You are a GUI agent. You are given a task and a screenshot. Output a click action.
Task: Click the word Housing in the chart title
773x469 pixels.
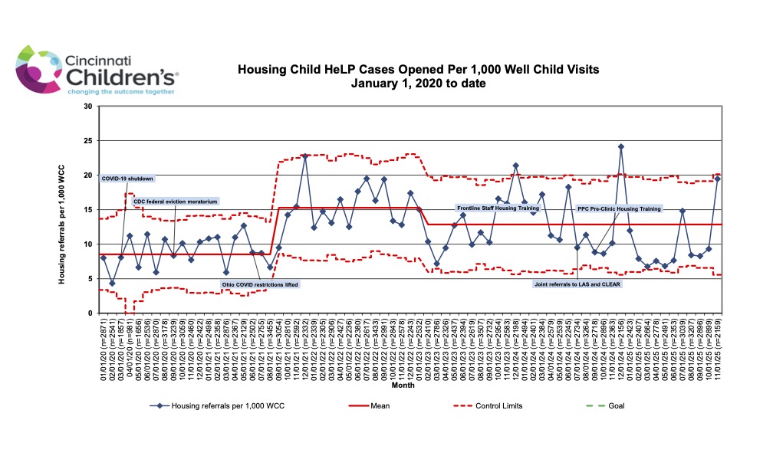point(258,69)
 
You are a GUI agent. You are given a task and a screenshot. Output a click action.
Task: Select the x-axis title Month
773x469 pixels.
point(403,385)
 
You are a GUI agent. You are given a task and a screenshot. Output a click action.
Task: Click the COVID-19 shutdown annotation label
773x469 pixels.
point(127,179)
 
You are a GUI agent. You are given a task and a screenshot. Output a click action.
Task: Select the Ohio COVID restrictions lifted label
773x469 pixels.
point(259,284)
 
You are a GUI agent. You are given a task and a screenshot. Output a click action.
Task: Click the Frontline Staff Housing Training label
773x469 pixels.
point(498,208)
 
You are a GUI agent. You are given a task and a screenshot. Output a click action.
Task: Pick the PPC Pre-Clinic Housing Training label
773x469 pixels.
point(618,208)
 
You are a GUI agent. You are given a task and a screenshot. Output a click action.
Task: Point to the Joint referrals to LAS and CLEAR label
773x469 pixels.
point(577,284)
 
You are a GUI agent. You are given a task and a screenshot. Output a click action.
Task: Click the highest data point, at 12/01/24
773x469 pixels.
point(621,146)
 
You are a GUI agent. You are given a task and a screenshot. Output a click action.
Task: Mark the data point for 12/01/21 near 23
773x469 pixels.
point(305,156)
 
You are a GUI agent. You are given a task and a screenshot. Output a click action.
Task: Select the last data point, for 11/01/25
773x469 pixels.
point(718,179)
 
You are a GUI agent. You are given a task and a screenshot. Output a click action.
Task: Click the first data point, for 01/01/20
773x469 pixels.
point(104,257)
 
